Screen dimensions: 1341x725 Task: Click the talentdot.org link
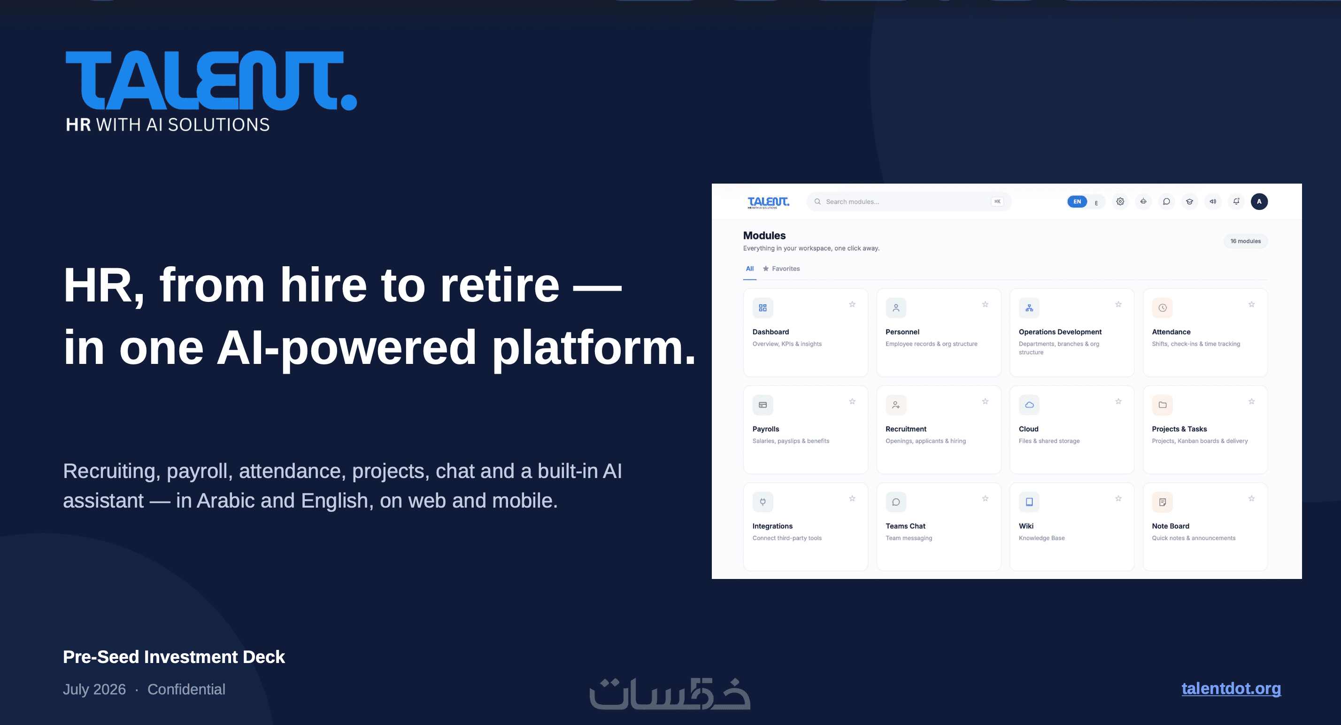(1231, 688)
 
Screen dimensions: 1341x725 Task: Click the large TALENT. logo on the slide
(211, 81)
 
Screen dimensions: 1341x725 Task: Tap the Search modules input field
(909, 201)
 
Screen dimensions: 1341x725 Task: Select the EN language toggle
(1077, 201)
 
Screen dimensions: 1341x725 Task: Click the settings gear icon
(1120, 201)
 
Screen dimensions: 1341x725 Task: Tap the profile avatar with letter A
(1259, 201)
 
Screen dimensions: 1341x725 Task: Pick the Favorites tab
(781, 269)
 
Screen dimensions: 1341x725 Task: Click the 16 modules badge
(1246, 241)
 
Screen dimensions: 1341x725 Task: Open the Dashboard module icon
(763, 308)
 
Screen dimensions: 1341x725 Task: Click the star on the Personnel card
(986, 304)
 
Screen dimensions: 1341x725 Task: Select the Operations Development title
(1060, 332)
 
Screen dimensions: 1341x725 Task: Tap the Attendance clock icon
(1163, 308)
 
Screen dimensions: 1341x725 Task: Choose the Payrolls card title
(766, 429)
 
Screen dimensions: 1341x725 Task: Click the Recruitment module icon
(896, 405)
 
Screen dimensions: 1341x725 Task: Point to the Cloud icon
(1029, 405)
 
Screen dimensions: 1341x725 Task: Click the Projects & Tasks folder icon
(1163, 405)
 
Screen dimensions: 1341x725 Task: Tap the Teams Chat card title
(905, 526)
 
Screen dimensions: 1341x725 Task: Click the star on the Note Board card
(1251, 499)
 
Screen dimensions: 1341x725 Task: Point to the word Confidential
(186, 689)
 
